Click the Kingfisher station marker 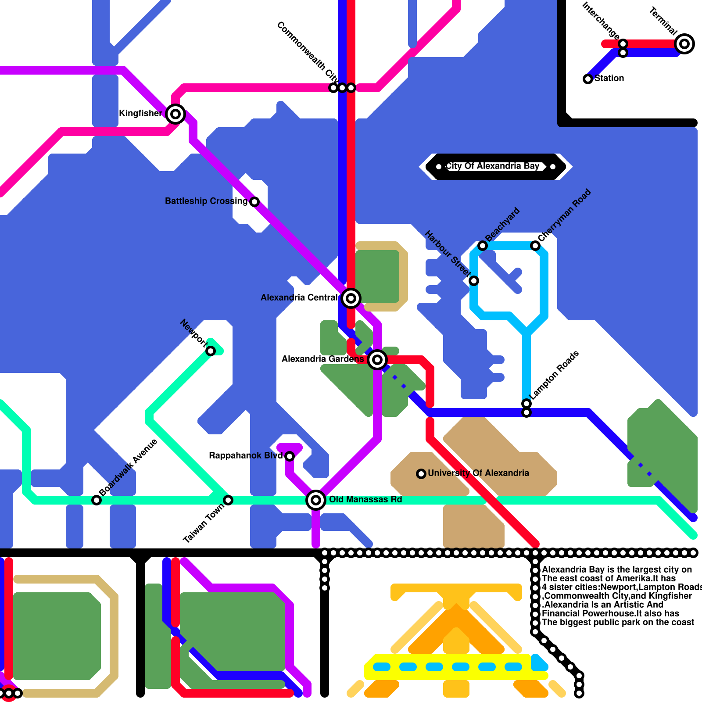(175, 114)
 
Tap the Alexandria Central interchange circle (351, 298)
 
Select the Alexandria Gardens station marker (377, 360)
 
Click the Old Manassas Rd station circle (316, 500)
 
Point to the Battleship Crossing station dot (254, 202)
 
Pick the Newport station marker (211, 351)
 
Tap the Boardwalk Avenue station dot (97, 500)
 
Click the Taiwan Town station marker (228, 500)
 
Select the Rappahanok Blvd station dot (290, 456)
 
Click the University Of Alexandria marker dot (421, 474)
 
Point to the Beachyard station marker (483, 246)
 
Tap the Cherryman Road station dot (535, 246)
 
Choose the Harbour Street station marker (474, 281)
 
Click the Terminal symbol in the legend (684, 44)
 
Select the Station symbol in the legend (588, 79)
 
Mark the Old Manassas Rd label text (365, 500)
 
